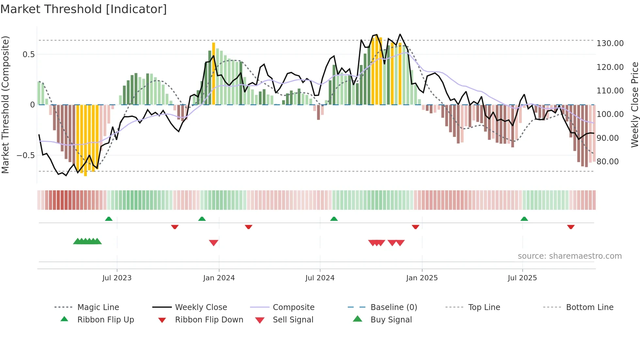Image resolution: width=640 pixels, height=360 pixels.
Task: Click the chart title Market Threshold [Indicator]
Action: (84, 9)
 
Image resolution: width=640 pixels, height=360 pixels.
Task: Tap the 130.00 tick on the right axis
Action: (610, 43)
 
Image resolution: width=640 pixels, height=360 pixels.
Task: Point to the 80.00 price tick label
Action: (607, 162)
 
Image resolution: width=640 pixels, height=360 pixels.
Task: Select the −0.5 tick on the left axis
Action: (25, 155)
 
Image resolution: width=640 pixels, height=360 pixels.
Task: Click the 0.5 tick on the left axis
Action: (28, 55)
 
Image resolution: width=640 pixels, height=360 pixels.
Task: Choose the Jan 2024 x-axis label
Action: (219, 278)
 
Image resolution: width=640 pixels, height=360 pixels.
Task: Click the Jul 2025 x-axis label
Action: (522, 278)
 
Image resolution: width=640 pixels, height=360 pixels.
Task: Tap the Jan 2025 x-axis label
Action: (422, 278)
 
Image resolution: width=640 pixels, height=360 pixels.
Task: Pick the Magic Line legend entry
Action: (98, 307)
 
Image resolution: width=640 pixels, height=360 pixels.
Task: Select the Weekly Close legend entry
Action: (201, 307)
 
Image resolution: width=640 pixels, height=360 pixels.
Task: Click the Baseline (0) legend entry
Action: (393, 307)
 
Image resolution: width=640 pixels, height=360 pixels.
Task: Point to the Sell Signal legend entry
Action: (293, 320)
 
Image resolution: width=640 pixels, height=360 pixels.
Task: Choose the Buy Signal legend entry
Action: (391, 320)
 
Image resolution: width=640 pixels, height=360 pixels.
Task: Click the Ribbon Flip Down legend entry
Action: (209, 320)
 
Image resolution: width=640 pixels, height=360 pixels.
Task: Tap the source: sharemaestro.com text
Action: (569, 256)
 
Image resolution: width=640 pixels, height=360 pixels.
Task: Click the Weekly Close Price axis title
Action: (634, 105)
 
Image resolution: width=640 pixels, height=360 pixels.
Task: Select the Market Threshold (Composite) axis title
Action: (5, 105)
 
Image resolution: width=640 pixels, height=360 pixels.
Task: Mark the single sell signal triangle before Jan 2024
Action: (214, 243)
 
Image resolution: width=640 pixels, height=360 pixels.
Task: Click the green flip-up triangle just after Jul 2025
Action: (524, 219)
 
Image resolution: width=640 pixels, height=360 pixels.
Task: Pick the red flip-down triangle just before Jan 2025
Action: (415, 227)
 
